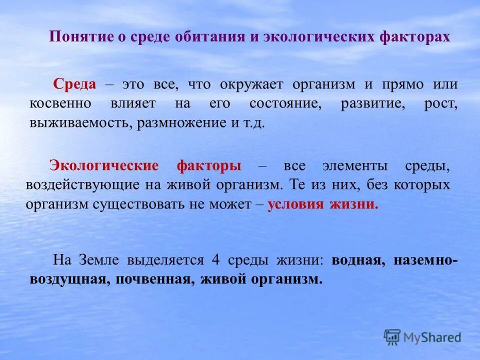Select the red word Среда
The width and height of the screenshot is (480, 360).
pyautogui.click(x=75, y=84)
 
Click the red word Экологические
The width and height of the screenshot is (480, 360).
pyautogui.click(x=103, y=166)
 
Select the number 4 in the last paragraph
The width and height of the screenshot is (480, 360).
pyautogui.click(x=216, y=260)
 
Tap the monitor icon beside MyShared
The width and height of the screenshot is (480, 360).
pyautogui.click(x=392, y=337)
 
